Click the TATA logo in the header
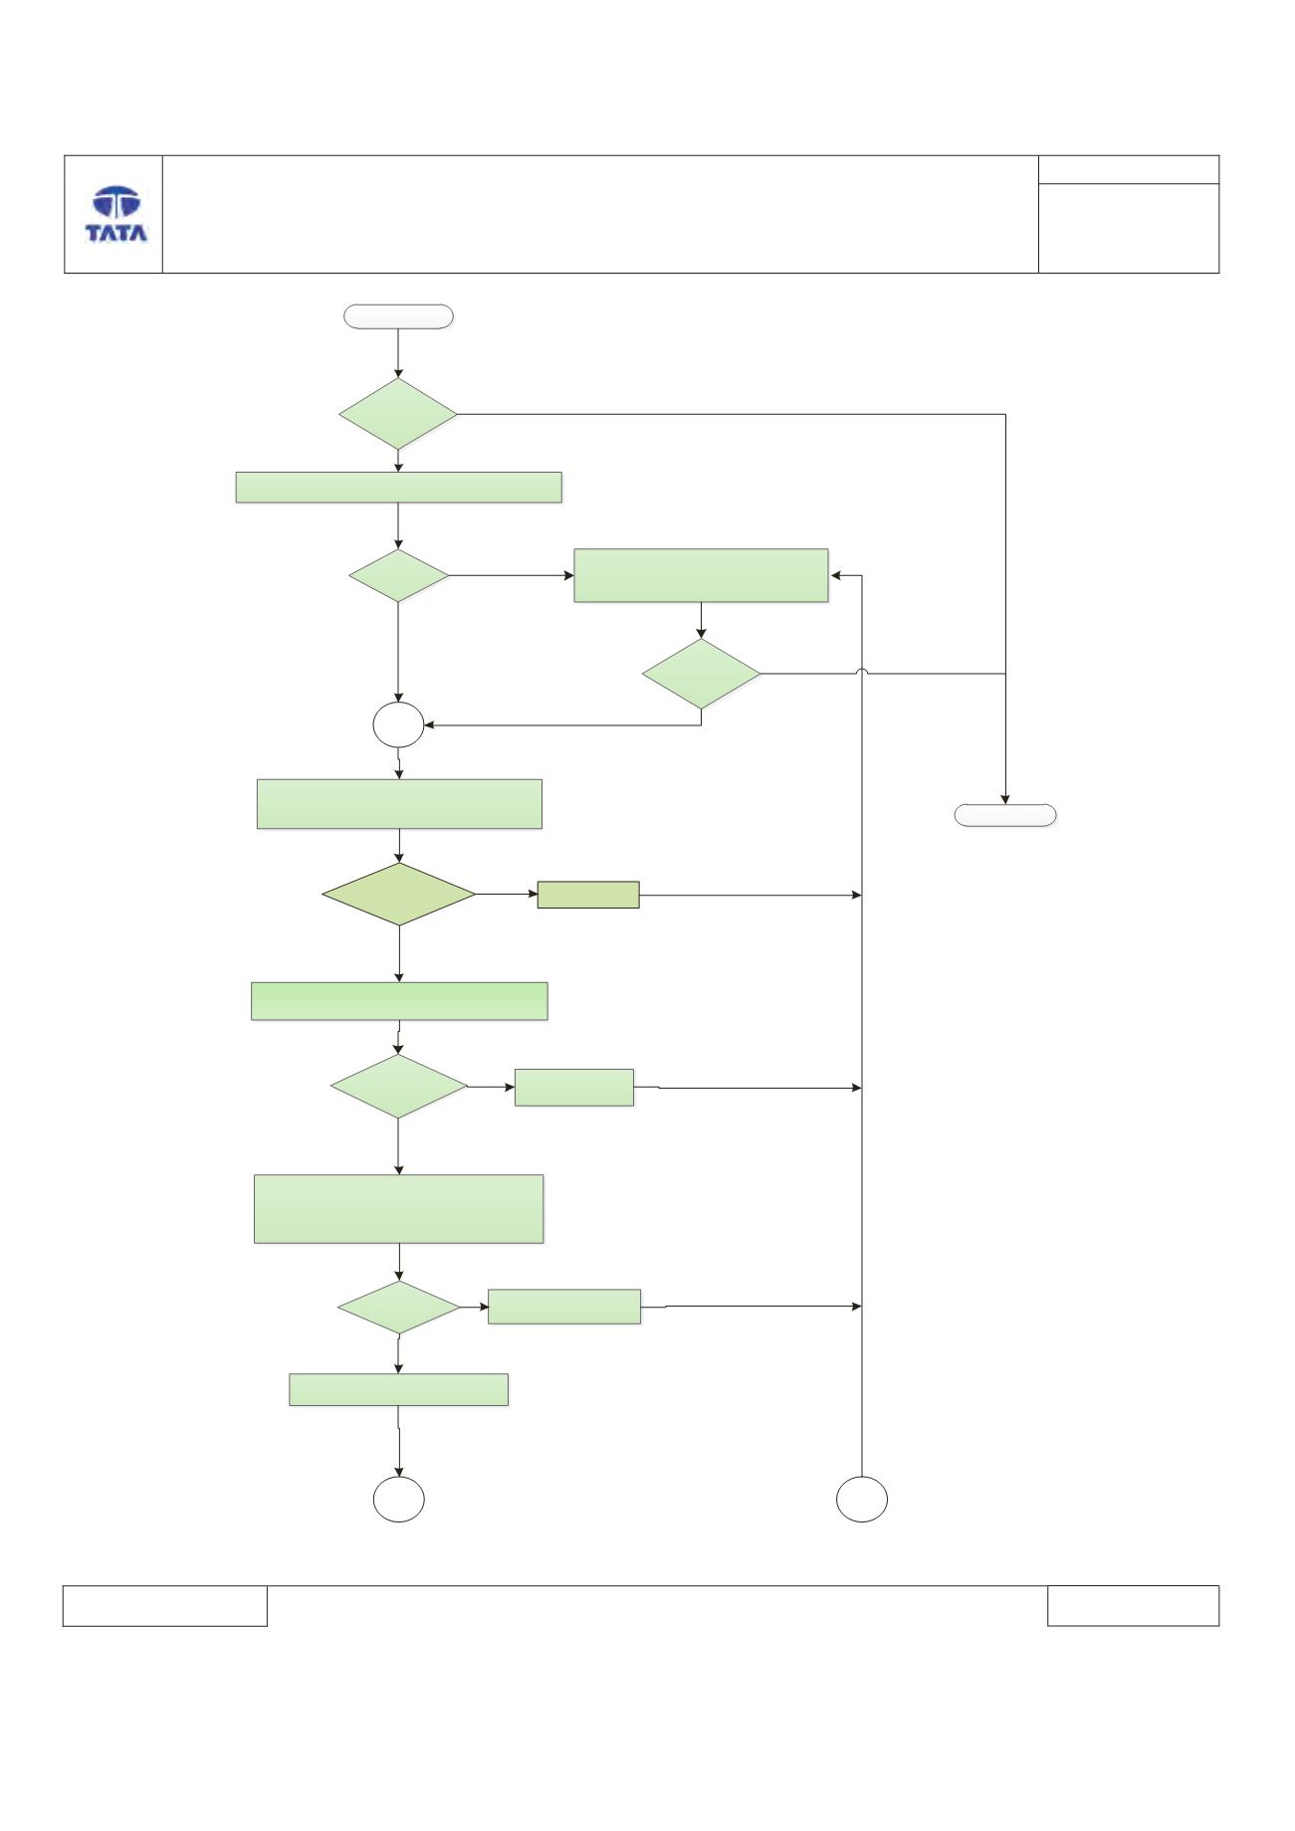pos(115,214)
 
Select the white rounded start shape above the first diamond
pos(398,316)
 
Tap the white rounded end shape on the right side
pos(1005,815)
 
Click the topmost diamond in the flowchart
pos(398,414)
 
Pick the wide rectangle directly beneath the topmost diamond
pos(398,488)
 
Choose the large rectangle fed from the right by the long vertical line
pos(701,575)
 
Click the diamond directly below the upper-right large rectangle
pos(702,674)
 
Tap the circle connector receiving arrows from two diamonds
pos(398,726)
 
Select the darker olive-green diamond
pos(399,895)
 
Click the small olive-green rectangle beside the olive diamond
pos(588,895)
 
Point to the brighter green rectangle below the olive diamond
pos(399,1001)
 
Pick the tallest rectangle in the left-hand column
pos(399,1209)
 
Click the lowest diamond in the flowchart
pos(399,1307)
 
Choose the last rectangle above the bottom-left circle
pos(398,1390)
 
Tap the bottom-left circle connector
pos(399,1500)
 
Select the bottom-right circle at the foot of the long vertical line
pos(862,1500)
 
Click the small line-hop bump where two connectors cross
pos(862,673)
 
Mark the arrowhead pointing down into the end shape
pos(1005,798)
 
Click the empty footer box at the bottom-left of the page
pos(165,1606)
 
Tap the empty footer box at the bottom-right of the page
pos(1133,1606)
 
